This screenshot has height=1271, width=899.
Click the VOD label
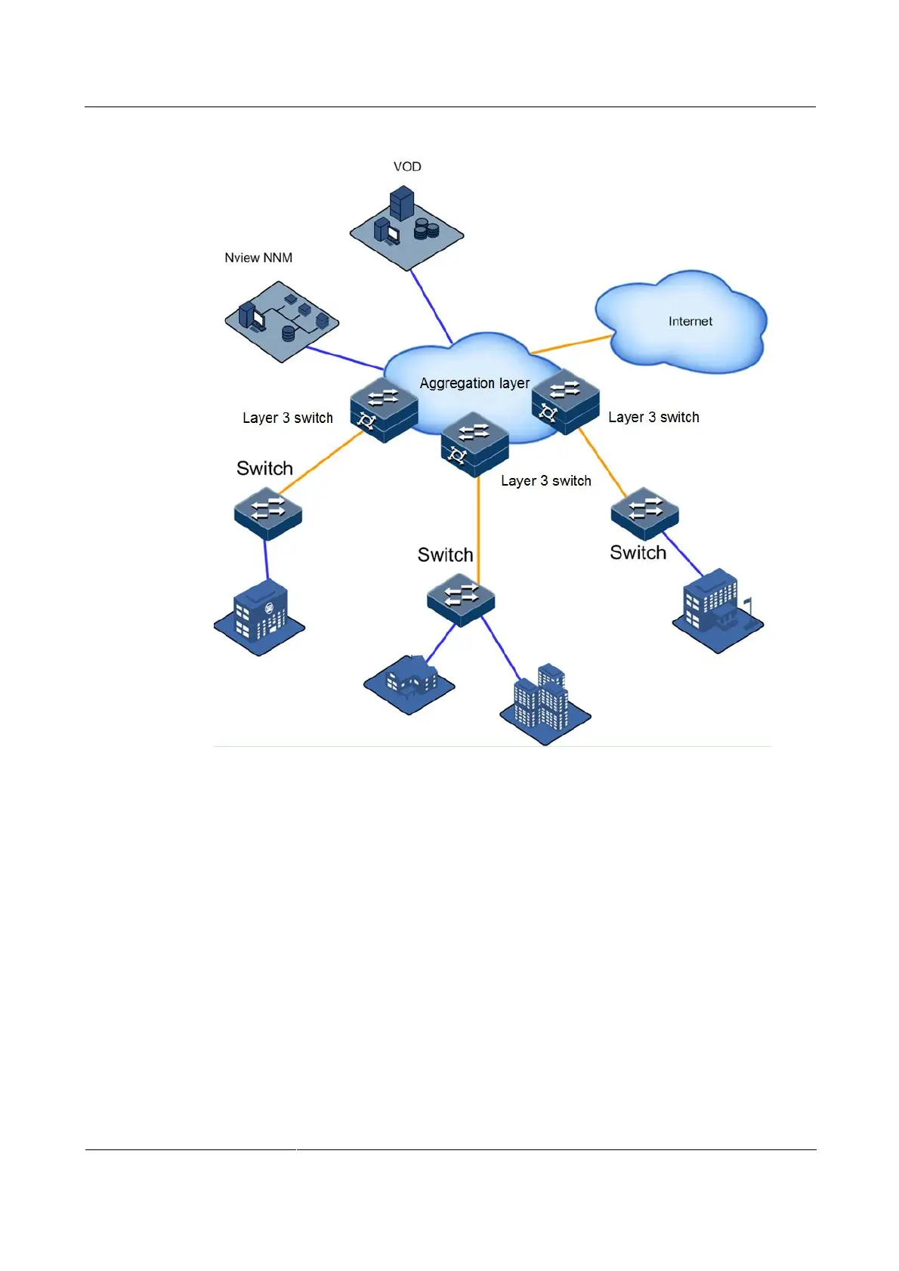[x=407, y=167]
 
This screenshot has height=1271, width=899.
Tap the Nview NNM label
[x=258, y=258]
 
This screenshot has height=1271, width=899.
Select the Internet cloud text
[x=690, y=322]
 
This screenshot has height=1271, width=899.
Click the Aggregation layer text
[x=474, y=384]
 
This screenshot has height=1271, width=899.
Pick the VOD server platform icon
[x=406, y=227]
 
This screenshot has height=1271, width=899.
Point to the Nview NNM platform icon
[x=282, y=321]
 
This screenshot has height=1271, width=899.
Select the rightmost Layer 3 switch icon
[x=565, y=401]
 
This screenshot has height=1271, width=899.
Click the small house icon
[x=409, y=681]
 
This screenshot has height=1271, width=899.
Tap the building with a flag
[x=717, y=612]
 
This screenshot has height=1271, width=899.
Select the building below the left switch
[x=259, y=616]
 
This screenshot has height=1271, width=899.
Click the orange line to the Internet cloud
[x=570, y=345]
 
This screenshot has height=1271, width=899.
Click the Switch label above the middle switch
[x=445, y=555]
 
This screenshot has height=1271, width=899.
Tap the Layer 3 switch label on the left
[x=287, y=418]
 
